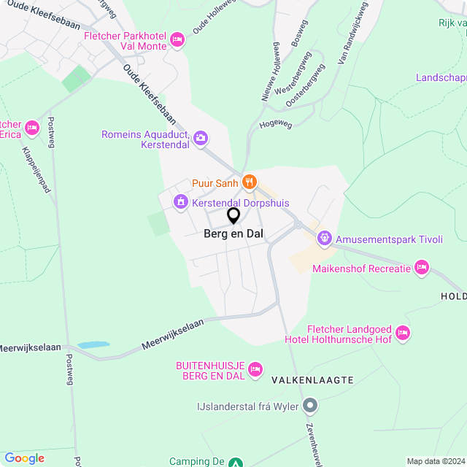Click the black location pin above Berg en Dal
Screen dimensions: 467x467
click(233, 215)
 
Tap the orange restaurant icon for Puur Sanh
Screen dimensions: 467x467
click(249, 182)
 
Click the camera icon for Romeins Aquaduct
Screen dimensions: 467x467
click(201, 138)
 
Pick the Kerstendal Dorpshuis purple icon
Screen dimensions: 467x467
click(180, 202)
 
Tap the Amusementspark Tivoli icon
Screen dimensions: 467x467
click(324, 239)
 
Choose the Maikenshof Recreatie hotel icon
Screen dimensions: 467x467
click(421, 269)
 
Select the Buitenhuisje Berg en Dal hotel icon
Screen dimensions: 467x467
click(255, 370)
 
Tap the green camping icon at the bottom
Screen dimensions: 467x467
click(235, 462)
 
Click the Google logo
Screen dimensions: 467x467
click(24, 458)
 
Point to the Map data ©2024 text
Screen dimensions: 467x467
click(435, 461)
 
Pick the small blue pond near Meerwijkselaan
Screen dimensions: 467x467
click(93, 344)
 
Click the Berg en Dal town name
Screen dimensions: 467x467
click(233, 234)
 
